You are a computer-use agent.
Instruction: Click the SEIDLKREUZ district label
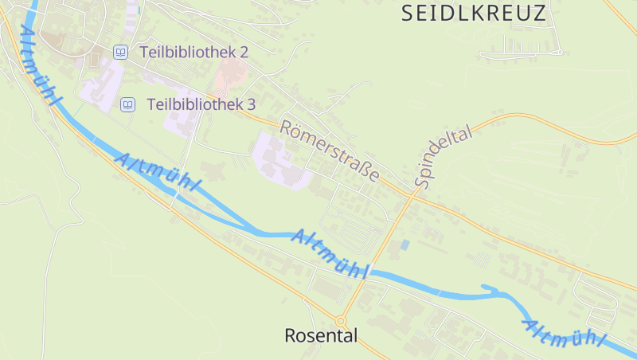tap(475, 13)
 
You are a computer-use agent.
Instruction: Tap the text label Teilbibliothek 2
tap(194, 52)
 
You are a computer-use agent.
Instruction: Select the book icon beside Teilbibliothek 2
tap(120, 52)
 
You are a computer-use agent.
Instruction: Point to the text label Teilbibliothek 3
tap(201, 104)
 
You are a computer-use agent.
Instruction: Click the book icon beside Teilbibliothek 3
tap(127, 104)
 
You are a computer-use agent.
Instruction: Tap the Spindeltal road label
tap(444, 156)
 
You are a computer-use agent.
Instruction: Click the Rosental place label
tap(321, 336)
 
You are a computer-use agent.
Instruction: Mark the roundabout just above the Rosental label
tap(342, 322)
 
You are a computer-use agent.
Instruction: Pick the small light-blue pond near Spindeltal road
tap(404, 245)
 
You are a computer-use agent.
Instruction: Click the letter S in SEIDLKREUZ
tap(408, 13)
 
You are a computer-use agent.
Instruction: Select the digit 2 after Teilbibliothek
tap(244, 52)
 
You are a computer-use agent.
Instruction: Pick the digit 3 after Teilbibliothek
tap(251, 104)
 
